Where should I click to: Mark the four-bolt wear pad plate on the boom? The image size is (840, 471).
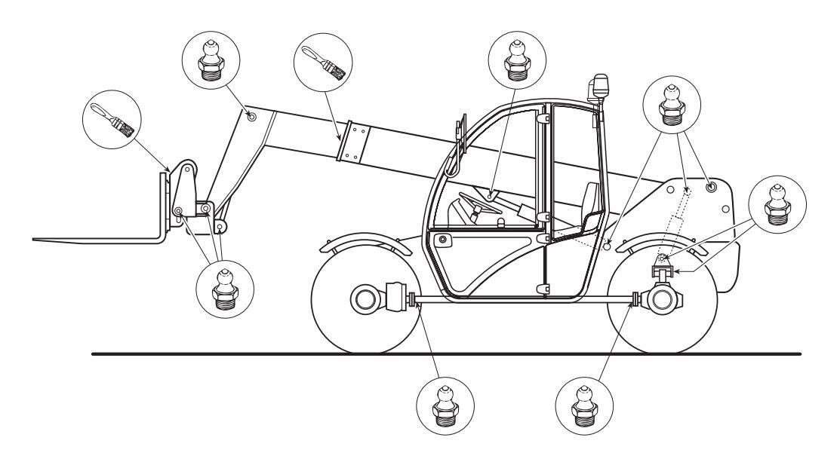[352, 142]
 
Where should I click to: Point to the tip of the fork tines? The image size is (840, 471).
[38, 240]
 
